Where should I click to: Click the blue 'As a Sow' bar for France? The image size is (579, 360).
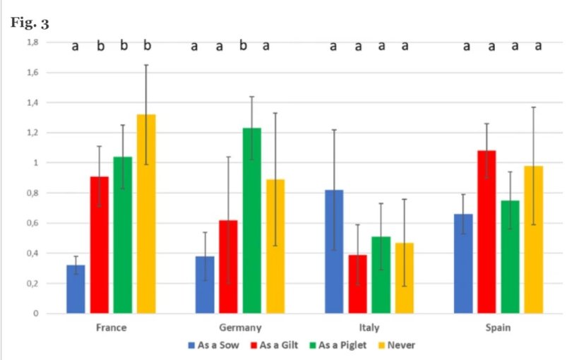point(76,289)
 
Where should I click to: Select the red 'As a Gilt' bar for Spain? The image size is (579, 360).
point(487,232)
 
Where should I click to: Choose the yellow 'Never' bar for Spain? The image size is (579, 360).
point(534,240)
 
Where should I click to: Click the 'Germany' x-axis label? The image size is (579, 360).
point(240,328)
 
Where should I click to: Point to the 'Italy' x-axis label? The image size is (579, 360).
point(369,328)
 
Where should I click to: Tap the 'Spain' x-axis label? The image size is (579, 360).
point(499,328)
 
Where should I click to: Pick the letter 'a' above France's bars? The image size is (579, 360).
point(76,47)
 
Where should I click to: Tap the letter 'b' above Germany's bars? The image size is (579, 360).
point(244,47)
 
